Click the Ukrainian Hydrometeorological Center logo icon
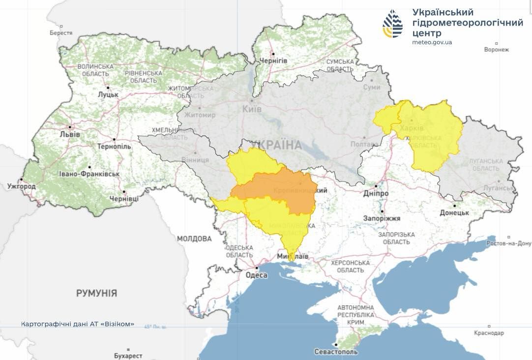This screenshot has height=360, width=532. pyautogui.click(x=392, y=24)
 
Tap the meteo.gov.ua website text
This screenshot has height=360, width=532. pyautogui.click(x=432, y=42)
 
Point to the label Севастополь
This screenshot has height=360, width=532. pyautogui.click(x=336, y=352)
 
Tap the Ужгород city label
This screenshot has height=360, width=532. pyautogui.click(x=22, y=187)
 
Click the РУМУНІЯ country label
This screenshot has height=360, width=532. pyautogui.click(x=96, y=294)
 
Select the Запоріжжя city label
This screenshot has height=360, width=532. pyautogui.click(x=382, y=218)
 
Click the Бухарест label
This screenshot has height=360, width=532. pyautogui.click(x=128, y=356)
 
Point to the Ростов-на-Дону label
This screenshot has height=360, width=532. pyautogui.click(x=509, y=243)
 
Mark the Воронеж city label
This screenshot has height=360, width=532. pyautogui.click(x=496, y=50)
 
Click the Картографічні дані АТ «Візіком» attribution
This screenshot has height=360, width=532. pyautogui.click(x=77, y=325)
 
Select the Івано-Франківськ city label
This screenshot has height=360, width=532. pyautogui.click(x=89, y=174)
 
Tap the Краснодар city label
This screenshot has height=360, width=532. pyautogui.click(x=489, y=333)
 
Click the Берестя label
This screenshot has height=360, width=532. pyautogui.click(x=61, y=33)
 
